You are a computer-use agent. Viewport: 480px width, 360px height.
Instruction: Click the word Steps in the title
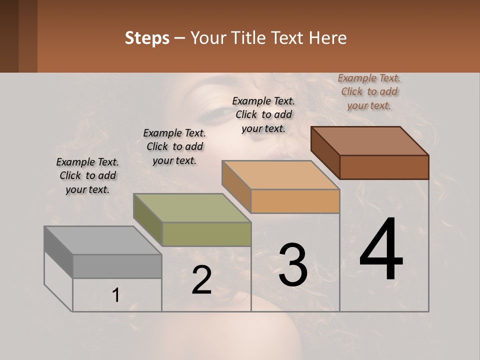(147, 38)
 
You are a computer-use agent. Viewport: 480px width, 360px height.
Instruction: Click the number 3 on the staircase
(293, 265)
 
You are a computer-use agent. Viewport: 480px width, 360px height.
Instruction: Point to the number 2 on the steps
(202, 280)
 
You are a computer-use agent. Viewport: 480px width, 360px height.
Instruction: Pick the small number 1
(116, 295)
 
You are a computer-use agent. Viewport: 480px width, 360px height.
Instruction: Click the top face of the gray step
(102, 240)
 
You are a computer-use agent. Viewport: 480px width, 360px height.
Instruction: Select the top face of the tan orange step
(280, 175)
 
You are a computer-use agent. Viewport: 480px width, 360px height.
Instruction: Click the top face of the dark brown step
(369, 141)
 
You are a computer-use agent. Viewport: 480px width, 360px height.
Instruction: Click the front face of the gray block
(117, 266)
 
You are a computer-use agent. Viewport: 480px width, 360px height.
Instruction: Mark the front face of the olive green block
(206, 234)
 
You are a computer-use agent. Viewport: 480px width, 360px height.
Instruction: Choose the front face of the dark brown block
(384, 167)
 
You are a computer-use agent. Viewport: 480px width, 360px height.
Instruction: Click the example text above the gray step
(87, 175)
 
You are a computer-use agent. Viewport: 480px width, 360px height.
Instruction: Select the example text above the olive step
(174, 146)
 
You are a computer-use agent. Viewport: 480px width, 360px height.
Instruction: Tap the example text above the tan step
(263, 114)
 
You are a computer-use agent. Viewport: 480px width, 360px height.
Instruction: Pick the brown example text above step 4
(369, 91)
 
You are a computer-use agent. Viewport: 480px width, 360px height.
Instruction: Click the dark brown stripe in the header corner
(9, 36)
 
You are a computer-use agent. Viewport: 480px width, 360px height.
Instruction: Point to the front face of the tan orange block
(295, 201)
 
